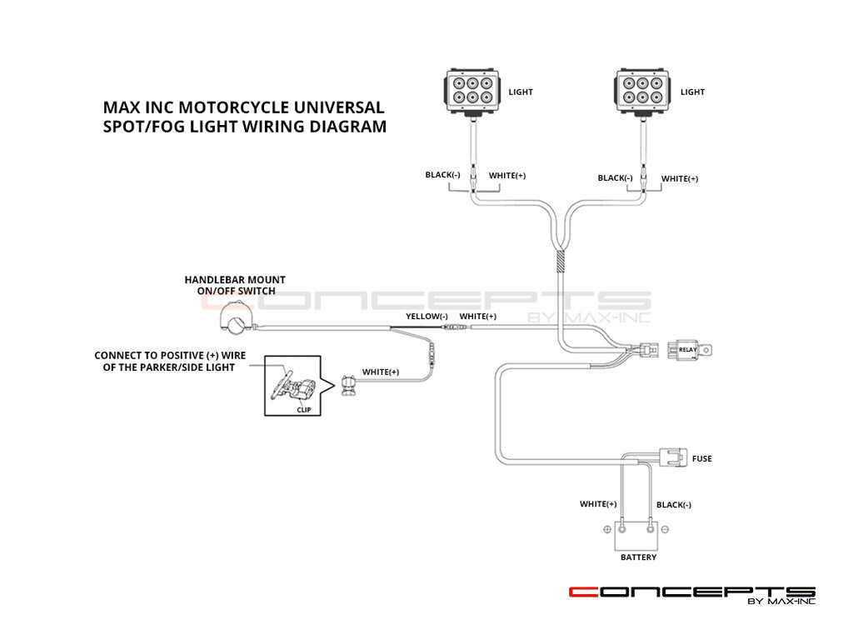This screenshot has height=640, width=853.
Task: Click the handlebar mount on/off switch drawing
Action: coord(234,317)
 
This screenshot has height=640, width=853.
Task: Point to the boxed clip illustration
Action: coord(297,386)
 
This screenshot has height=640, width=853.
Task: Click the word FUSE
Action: coord(701,459)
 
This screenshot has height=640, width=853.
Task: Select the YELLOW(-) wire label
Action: coord(426,317)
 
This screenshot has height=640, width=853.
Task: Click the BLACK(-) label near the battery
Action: coord(674,504)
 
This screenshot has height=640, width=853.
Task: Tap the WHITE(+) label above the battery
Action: coord(598,504)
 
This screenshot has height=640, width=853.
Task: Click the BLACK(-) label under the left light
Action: coord(442,175)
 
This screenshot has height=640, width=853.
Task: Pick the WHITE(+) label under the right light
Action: coord(680,178)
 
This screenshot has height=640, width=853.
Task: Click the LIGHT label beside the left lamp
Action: coord(521,92)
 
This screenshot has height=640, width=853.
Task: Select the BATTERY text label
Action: coord(638,557)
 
